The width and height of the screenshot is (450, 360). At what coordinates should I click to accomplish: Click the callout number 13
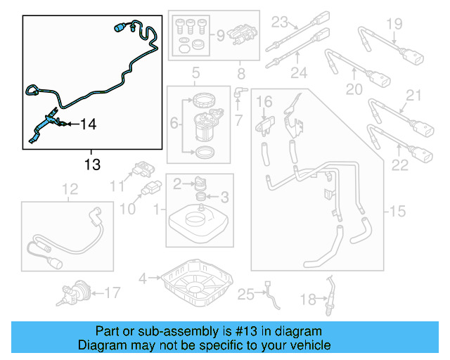91,165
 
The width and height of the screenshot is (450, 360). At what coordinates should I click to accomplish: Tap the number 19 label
394,25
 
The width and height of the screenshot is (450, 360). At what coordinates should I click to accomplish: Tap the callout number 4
143,278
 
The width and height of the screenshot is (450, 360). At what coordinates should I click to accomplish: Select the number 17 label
112,292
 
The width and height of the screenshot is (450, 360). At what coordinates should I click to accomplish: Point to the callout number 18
308,300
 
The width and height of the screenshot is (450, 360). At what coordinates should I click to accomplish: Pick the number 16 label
264,103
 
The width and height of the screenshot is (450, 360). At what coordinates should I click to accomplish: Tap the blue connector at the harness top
119,28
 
